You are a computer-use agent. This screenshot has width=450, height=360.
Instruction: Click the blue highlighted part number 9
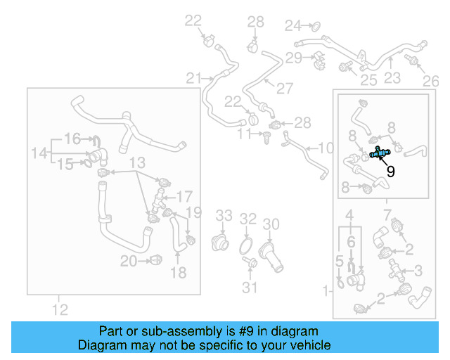[x=380, y=153]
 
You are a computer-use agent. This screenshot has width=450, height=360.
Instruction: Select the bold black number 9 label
[x=391, y=171]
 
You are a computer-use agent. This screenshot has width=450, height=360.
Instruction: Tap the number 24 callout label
[x=292, y=26]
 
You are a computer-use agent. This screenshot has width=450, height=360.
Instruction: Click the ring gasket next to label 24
[x=316, y=27]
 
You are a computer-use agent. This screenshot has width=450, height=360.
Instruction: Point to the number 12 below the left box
[x=60, y=309]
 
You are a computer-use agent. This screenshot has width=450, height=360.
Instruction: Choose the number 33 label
[x=224, y=215]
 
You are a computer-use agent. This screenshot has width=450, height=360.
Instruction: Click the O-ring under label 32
[x=245, y=246]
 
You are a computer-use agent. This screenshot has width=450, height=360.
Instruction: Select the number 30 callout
[x=271, y=224]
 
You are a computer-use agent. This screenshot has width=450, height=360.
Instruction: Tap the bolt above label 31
[x=250, y=262]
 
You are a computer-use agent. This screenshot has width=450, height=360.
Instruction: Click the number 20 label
[x=129, y=262]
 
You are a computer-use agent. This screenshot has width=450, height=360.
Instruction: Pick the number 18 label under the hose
[x=178, y=272]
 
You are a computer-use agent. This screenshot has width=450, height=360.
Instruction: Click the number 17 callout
[x=184, y=197]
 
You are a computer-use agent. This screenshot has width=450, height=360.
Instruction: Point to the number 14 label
[x=39, y=153]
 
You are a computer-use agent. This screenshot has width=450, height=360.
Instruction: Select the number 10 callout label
[x=326, y=148]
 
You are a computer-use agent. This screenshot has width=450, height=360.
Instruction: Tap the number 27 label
[x=285, y=88]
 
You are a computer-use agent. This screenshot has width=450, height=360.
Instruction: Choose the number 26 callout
[x=431, y=82]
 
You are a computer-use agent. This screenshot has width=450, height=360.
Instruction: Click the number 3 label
[x=418, y=271]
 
